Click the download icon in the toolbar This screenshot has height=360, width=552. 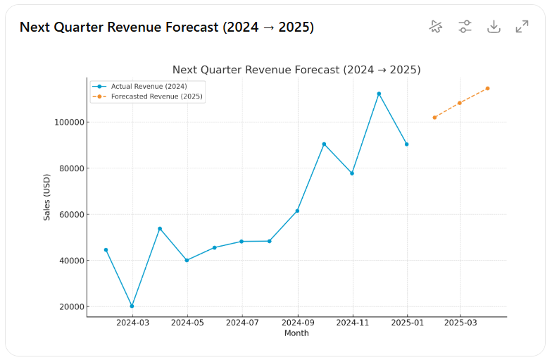click(x=494, y=27)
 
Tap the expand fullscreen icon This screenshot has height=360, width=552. click(x=522, y=27)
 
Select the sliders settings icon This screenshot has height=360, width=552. click(x=465, y=27)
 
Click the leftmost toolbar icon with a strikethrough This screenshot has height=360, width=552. click(x=437, y=27)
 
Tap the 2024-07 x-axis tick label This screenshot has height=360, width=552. click(x=242, y=323)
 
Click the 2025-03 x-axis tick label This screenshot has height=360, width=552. click(x=460, y=323)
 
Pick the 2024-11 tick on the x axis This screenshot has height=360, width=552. click(x=352, y=323)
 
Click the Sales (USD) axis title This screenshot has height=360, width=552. click(x=47, y=197)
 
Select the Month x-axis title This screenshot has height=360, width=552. click(x=296, y=333)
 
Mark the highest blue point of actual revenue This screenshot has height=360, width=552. click(x=379, y=94)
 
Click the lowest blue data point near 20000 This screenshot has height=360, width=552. click(x=132, y=306)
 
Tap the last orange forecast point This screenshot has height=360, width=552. click(x=487, y=89)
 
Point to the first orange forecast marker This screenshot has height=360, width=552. click(x=434, y=118)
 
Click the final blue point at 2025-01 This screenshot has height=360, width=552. click(x=406, y=144)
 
